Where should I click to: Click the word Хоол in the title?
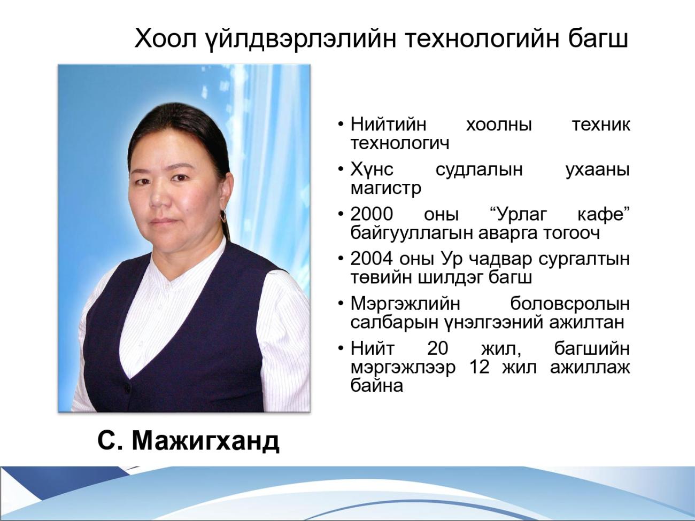coord(165,38)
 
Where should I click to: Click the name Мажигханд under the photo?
coord(205,441)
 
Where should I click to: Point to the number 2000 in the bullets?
coord(372,214)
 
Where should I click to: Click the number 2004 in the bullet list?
coord(372,259)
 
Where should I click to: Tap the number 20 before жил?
coord(437,348)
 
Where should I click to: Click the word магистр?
coord(386,189)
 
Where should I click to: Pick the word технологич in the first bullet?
coord(400,143)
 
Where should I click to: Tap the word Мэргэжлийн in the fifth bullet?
coord(405,304)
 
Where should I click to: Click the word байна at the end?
coord(377,386)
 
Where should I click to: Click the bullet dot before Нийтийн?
coord(341,125)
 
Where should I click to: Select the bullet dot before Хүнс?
coord(341,170)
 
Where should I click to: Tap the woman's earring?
coord(224,216)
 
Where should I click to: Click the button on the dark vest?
coord(126,386)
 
